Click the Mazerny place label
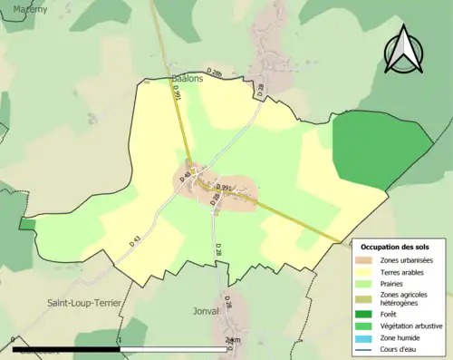point(24,8)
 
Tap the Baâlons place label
point(188,79)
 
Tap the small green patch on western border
point(27,224)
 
